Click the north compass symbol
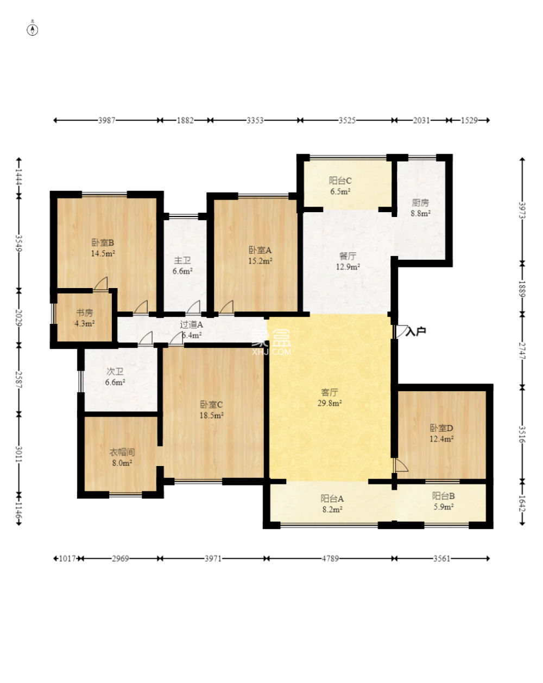tap(32, 30)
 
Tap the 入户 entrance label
tap(415, 331)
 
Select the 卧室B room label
tap(102, 243)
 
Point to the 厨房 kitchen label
tap(420, 202)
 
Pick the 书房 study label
tap(84, 313)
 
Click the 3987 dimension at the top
tap(106, 120)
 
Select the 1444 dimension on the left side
tap(19, 177)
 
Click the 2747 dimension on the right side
tap(522, 350)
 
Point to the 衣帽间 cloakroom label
tap(122, 452)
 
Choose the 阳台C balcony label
tap(340, 181)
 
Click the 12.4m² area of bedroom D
tap(441, 439)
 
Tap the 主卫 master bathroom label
tap(182, 260)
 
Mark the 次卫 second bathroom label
tap(115, 371)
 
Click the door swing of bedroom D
tap(400, 464)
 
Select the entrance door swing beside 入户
tap(401, 331)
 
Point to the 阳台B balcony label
tap(443, 496)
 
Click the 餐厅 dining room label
tap(348, 256)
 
